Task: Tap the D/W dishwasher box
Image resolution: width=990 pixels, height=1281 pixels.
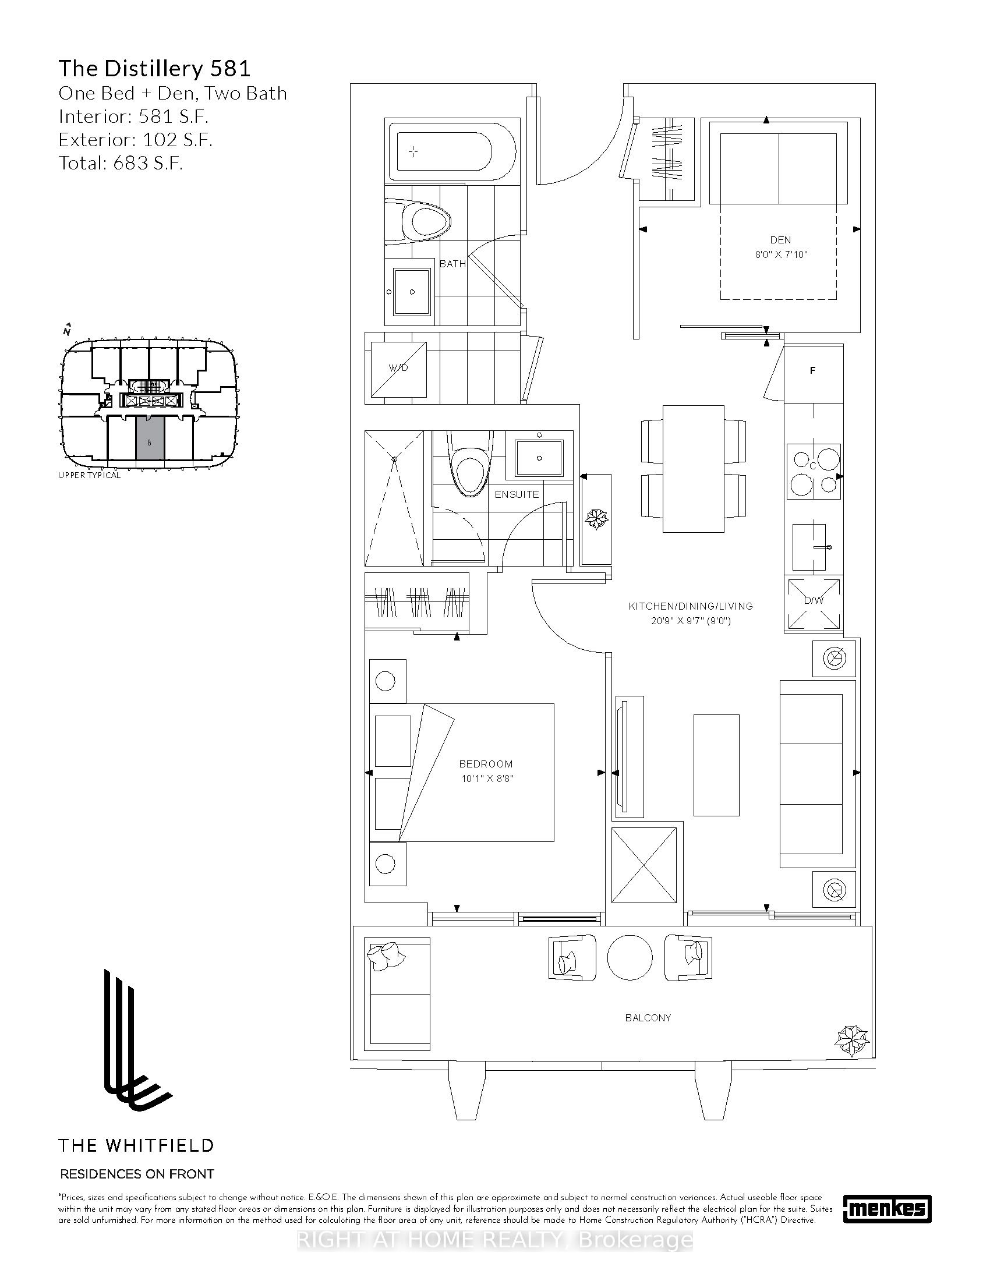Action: point(814,604)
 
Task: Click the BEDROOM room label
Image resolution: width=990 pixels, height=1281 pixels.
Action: point(486,764)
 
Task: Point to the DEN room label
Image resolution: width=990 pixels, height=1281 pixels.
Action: point(780,240)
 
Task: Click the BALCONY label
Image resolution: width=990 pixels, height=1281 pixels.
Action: point(648,1018)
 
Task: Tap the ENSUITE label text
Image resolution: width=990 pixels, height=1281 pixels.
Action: point(517,494)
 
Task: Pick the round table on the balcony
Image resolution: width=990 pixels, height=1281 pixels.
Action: point(630,957)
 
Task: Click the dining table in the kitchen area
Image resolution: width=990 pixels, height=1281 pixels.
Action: point(692,469)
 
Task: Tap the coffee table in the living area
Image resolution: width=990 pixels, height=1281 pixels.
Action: point(716,765)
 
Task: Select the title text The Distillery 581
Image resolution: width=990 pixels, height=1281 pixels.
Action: point(154,69)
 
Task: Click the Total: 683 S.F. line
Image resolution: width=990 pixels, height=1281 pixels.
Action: point(121,162)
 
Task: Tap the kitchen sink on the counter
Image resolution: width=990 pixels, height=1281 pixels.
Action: point(809,548)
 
